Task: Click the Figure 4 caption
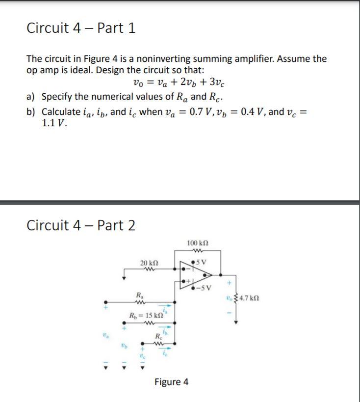tap(171, 382)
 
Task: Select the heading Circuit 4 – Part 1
tap(81, 28)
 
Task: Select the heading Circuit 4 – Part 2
tap(81, 225)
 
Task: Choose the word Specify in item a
tap(58, 96)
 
